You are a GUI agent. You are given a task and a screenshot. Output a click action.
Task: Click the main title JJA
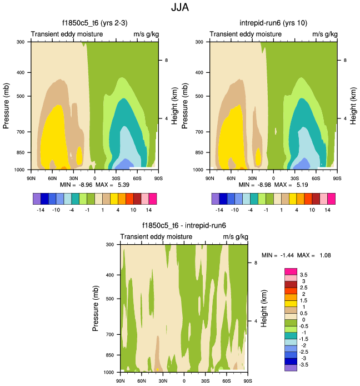[x=180, y=9]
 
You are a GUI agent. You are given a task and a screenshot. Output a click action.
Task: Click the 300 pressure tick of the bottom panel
[x=110, y=245]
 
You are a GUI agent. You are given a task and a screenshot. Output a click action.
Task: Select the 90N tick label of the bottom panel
[x=121, y=380]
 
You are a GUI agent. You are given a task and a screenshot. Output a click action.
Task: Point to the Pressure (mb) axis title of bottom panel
[x=96, y=307]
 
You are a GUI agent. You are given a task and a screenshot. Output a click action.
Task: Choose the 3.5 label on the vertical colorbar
[x=303, y=275]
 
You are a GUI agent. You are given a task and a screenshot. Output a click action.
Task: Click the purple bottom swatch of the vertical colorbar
[x=291, y=368]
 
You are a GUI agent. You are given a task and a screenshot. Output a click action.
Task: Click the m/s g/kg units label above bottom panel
[x=235, y=237]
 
